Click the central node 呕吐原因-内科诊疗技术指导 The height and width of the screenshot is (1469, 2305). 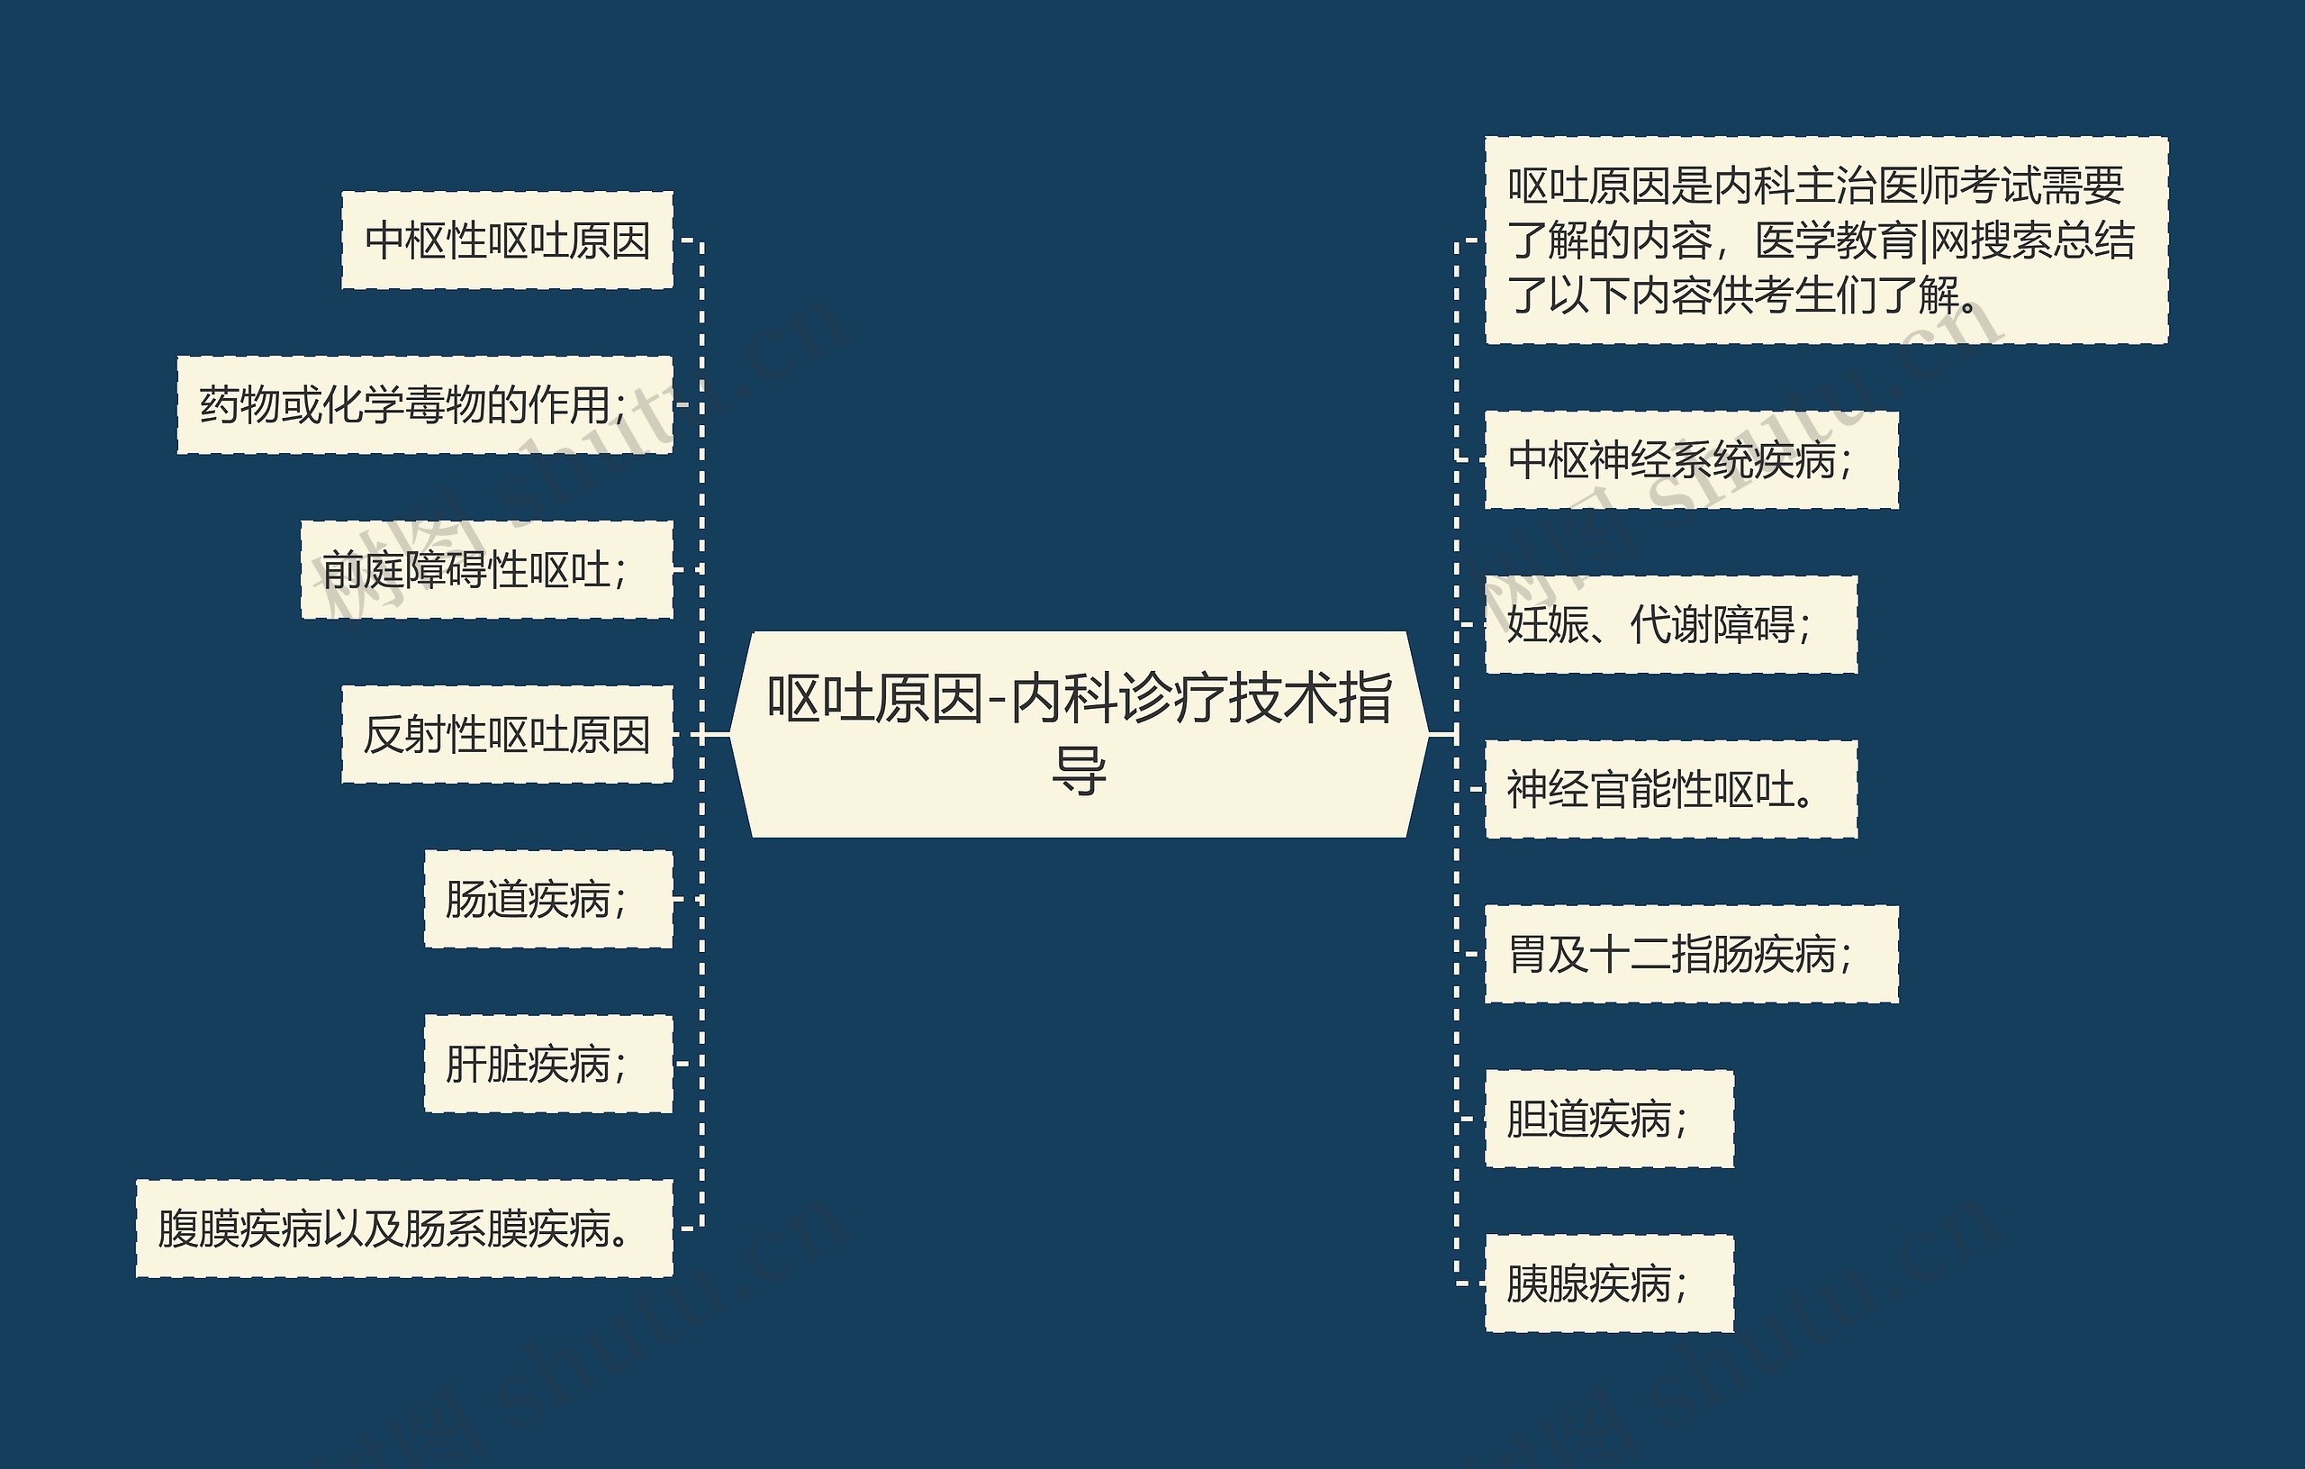click(1079, 733)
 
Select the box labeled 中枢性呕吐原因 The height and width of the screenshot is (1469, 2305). click(507, 240)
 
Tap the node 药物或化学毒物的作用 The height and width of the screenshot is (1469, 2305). click(425, 405)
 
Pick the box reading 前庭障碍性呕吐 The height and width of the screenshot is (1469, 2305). click(486, 570)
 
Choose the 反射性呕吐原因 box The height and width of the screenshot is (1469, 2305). click(507, 735)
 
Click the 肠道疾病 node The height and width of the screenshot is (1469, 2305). click(548, 899)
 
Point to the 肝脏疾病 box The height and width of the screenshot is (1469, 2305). click(548, 1064)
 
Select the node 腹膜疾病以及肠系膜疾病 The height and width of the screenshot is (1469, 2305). click(404, 1229)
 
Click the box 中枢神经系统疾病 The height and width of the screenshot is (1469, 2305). click(1690, 460)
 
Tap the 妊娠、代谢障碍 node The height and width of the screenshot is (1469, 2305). click(1670, 625)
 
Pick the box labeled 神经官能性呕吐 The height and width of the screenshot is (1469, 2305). click(1670, 790)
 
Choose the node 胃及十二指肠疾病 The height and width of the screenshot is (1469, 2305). click(1690, 955)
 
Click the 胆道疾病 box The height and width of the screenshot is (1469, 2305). click(1608, 1120)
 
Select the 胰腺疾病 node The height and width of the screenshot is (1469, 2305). click(1608, 1284)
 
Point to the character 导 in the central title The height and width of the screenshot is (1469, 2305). click(1079, 771)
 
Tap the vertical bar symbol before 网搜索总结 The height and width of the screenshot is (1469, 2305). click(1924, 240)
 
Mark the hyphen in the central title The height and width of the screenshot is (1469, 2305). click(998, 700)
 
